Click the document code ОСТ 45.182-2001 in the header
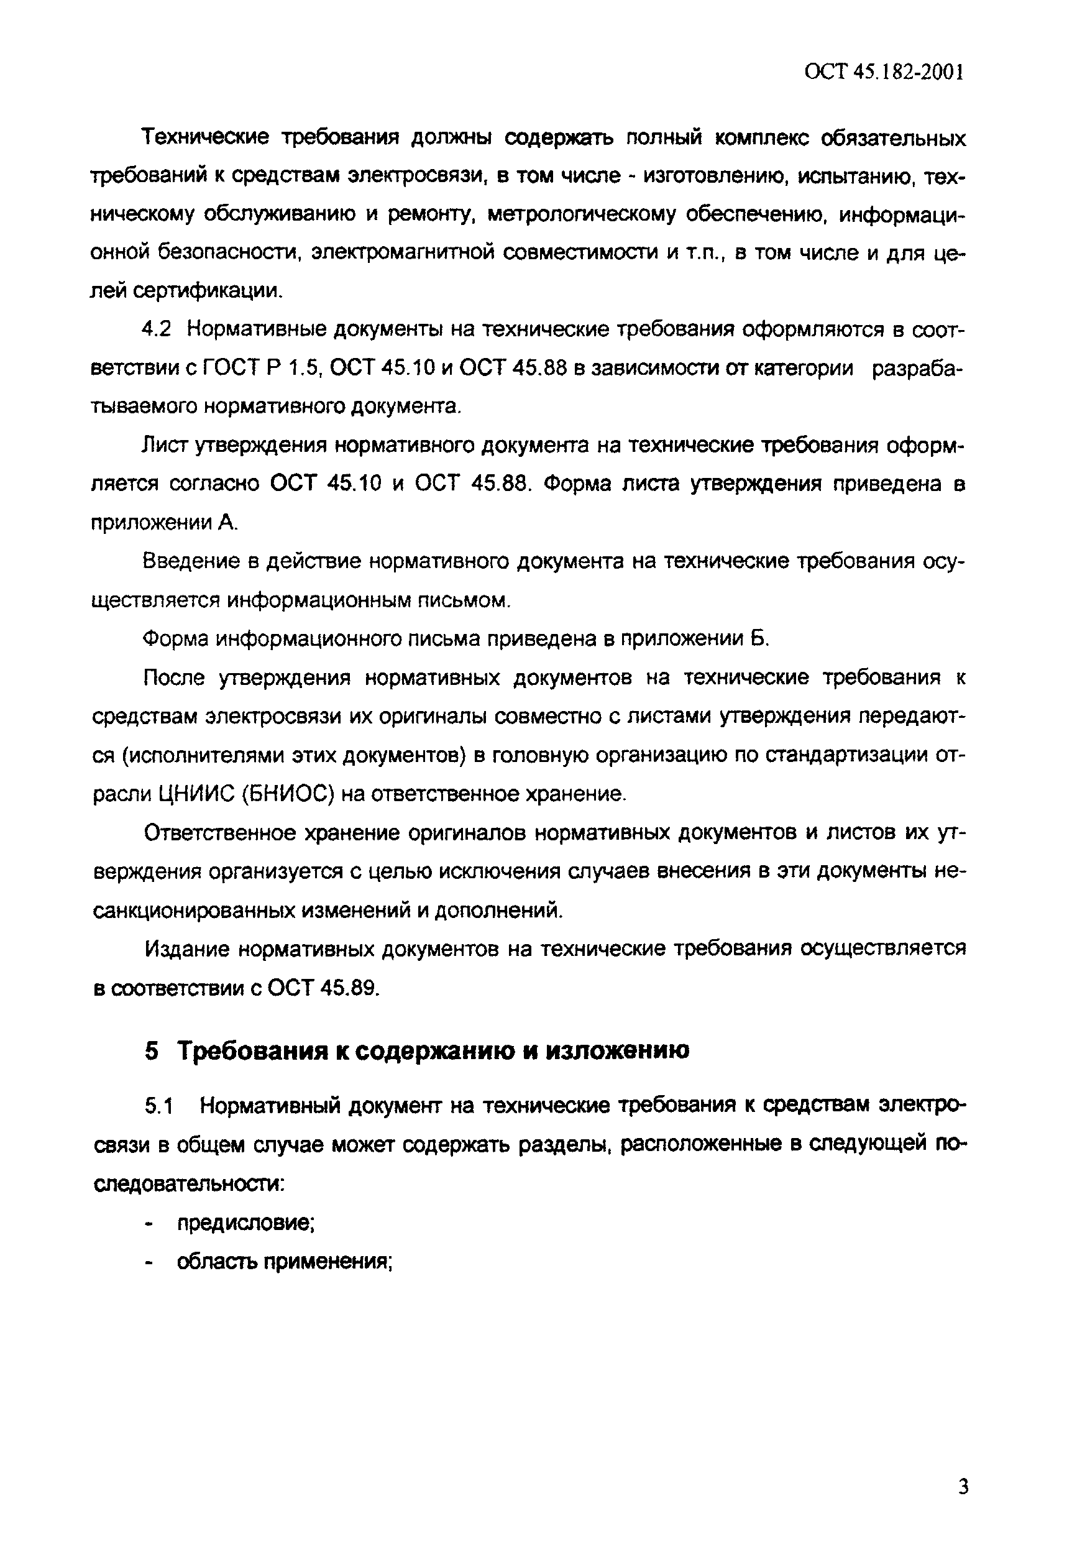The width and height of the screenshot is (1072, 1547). [x=884, y=73]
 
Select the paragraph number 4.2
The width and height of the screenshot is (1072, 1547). [x=157, y=330]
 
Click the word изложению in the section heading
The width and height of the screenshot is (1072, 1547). [x=616, y=1050]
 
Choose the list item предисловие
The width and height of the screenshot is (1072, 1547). [x=246, y=1223]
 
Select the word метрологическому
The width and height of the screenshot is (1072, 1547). [x=581, y=214]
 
